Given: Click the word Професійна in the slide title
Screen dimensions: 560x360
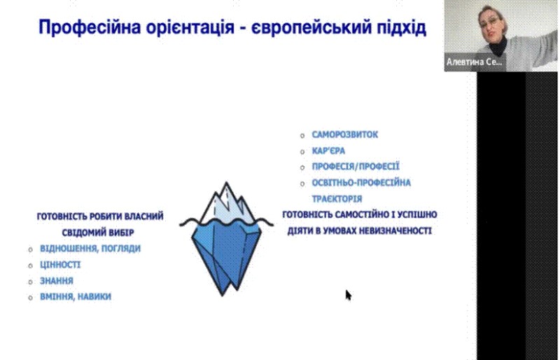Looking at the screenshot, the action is [90, 28].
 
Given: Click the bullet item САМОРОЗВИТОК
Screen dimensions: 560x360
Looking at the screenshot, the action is [344, 134].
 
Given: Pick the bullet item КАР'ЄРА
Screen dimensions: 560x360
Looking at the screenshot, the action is [328, 151].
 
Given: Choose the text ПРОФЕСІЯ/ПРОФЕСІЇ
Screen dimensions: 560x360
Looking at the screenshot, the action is [356, 167].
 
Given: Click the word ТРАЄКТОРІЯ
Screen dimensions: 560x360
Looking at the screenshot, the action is [337, 199].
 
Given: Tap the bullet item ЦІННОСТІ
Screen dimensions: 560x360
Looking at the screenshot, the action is [60, 265].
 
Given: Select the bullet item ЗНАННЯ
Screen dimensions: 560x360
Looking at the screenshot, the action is [57, 281].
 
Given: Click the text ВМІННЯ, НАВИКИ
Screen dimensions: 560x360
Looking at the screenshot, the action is [76, 297].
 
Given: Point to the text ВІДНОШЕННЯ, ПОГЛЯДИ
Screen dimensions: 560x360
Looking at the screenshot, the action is [90, 249].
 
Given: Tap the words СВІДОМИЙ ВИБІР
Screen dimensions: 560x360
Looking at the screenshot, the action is [98, 233].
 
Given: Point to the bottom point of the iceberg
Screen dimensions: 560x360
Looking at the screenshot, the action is [222, 296].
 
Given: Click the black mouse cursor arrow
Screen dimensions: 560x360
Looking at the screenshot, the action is [348, 296].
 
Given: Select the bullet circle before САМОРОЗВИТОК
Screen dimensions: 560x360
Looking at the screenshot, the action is [302, 135].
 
